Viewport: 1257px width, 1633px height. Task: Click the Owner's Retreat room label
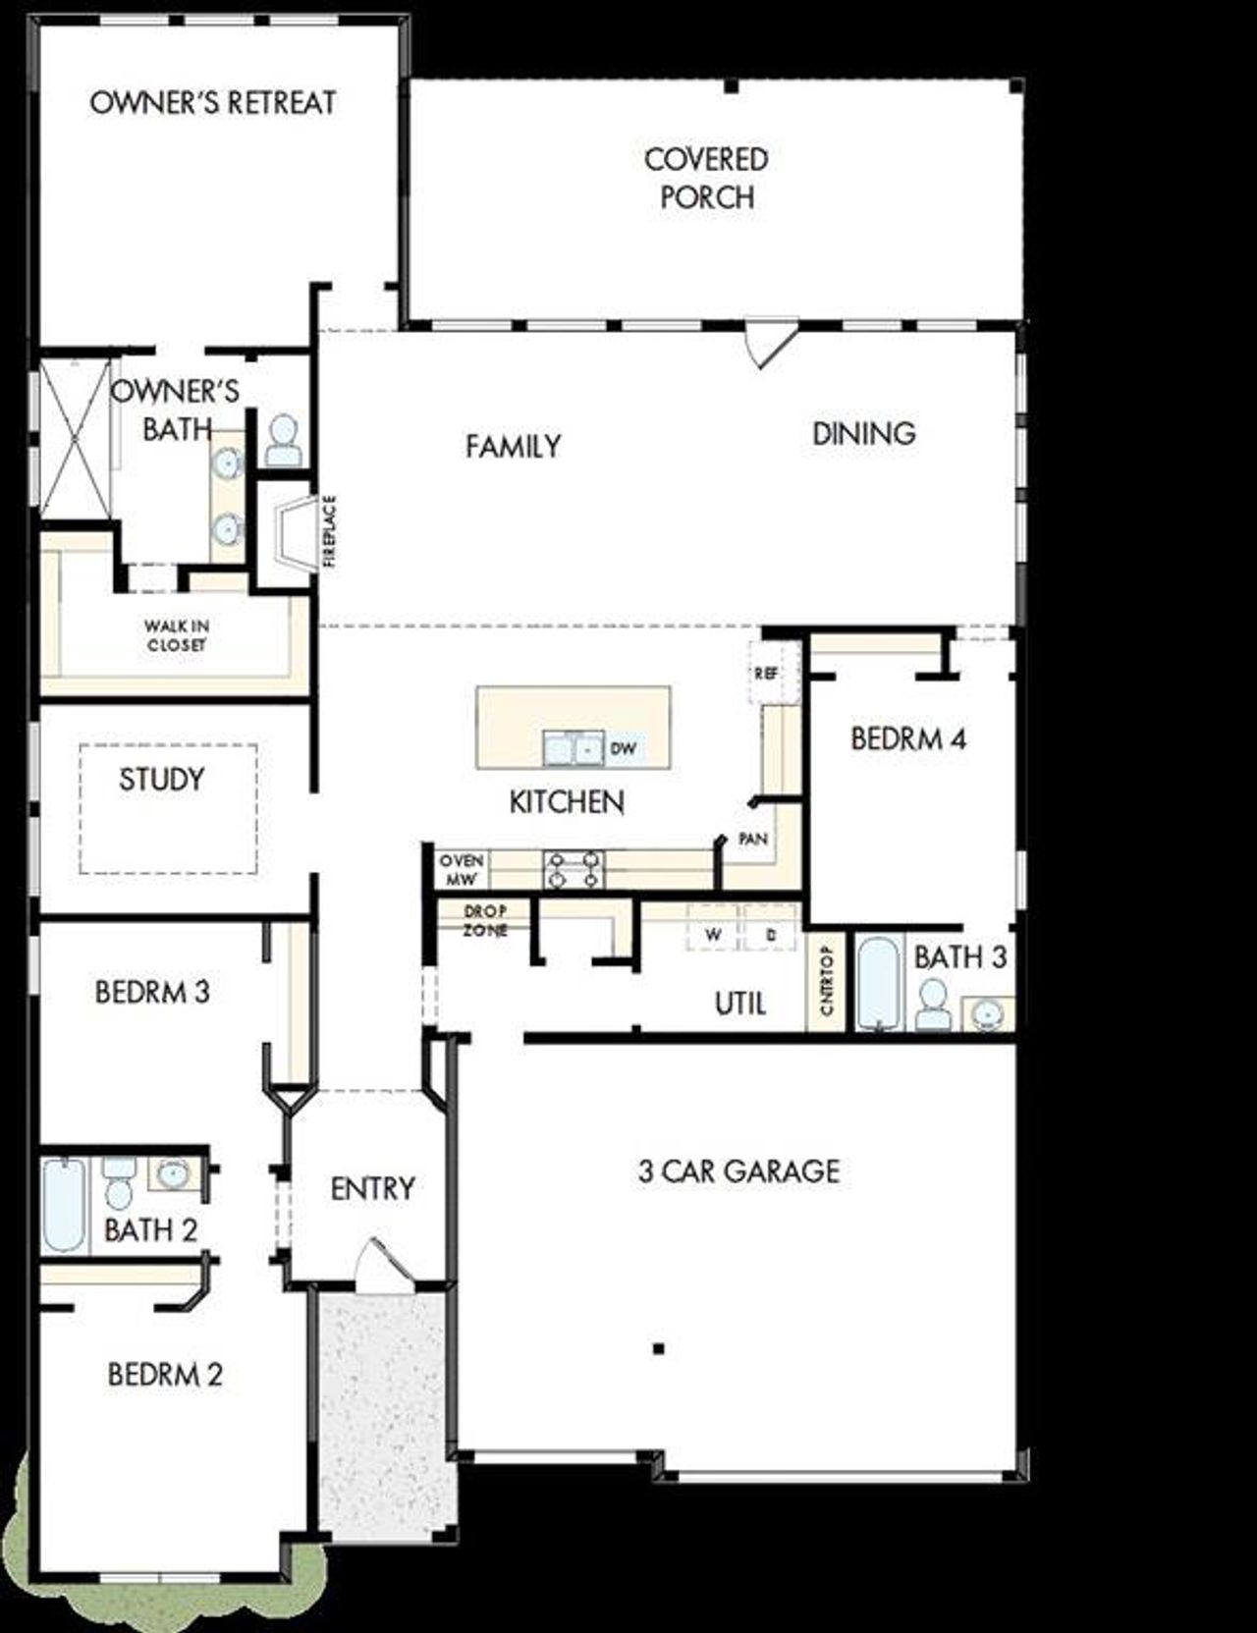click(x=212, y=103)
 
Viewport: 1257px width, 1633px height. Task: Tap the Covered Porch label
click(x=706, y=178)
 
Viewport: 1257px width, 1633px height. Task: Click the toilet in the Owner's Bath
click(x=283, y=441)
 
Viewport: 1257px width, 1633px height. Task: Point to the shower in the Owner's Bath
click(x=75, y=437)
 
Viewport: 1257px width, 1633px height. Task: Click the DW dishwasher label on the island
click(x=624, y=748)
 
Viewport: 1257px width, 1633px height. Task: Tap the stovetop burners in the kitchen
click(x=574, y=869)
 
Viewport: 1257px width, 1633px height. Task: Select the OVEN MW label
click(x=461, y=870)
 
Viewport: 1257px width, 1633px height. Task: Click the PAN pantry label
click(x=753, y=840)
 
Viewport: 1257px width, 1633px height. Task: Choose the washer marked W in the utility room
click(x=714, y=934)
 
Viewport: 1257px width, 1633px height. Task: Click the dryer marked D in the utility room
click(x=771, y=934)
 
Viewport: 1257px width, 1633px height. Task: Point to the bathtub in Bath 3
click(x=877, y=983)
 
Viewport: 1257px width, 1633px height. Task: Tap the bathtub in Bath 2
click(x=64, y=1204)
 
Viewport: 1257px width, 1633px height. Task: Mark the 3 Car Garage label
click(x=738, y=1170)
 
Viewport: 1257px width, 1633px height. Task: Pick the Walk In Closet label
click(x=177, y=635)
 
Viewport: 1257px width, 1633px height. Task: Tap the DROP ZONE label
click(x=485, y=920)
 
